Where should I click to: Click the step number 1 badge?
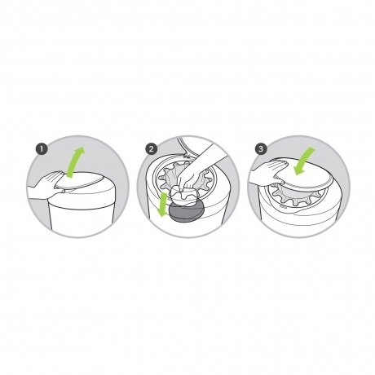click(42, 149)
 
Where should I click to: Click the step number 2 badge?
click(151, 149)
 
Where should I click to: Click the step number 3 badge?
click(261, 149)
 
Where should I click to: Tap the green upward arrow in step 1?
click(74, 162)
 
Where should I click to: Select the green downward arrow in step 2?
click(164, 205)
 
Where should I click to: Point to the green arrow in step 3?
click(304, 162)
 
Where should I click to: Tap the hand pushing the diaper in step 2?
click(190, 179)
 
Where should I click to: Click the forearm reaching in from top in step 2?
click(212, 157)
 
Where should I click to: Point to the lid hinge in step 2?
click(186, 156)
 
